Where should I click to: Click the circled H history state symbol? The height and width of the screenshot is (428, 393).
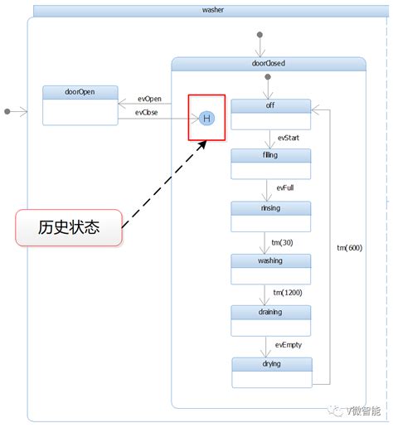(207, 119)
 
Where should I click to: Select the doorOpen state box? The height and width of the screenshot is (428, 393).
(80, 105)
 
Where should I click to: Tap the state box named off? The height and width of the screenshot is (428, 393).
(270, 114)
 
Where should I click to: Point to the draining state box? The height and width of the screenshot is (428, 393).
(270, 320)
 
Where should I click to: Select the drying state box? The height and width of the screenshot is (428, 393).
(270, 372)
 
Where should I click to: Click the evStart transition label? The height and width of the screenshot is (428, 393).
(289, 138)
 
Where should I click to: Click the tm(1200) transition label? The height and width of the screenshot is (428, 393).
(288, 293)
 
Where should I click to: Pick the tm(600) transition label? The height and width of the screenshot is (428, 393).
(349, 248)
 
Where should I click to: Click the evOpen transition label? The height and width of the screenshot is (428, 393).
(149, 99)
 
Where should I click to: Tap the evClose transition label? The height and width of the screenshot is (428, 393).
(148, 113)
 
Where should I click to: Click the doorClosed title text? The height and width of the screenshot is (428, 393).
(268, 63)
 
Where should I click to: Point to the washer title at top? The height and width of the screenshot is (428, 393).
(212, 10)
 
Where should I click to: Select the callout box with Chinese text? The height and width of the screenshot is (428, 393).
(69, 227)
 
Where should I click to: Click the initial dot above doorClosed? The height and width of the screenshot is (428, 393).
(260, 35)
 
